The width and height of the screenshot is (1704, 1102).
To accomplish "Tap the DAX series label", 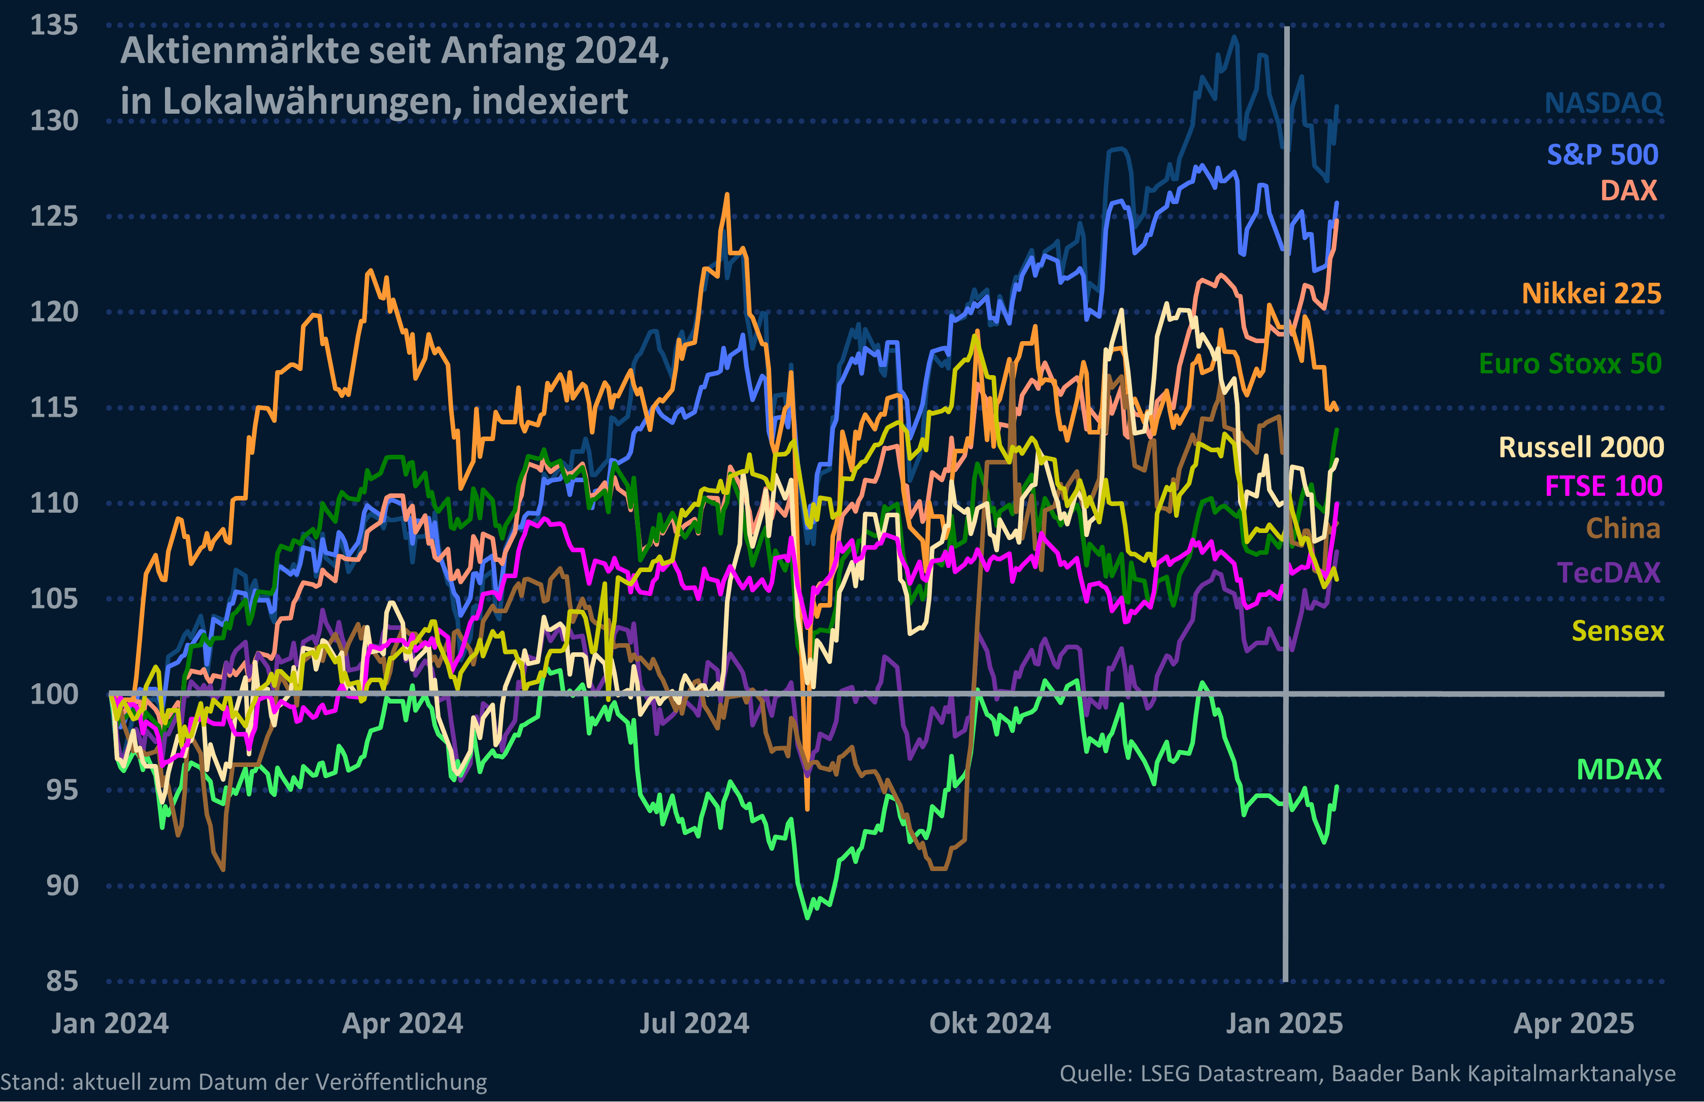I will click(x=1628, y=190).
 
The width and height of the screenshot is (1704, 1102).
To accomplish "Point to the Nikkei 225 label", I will click(x=1591, y=293).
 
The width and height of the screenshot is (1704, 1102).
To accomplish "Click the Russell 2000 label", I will click(x=1581, y=447).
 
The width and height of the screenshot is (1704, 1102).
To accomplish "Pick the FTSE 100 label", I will click(x=1603, y=486).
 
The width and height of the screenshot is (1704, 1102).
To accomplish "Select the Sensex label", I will click(x=1617, y=631).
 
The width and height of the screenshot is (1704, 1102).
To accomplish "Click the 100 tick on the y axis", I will click(x=54, y=694).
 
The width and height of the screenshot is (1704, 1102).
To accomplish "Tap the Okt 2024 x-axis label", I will click(x=989, y=1023).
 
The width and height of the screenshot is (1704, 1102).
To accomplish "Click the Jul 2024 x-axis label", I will click(x=694, y=1023).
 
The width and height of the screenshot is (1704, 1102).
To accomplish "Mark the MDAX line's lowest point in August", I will click(x=808, y=917).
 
